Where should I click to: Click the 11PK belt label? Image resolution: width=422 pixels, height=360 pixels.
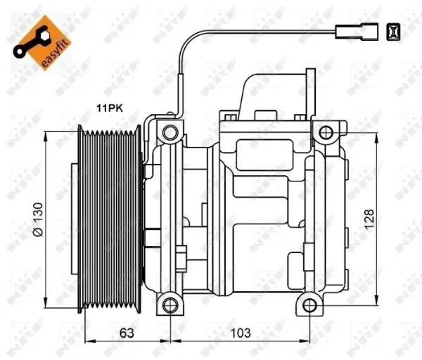(x=110, y=108)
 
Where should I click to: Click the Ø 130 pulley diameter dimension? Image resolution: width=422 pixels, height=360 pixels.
(x=38, y=219)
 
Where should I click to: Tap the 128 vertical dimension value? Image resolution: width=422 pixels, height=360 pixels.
(x=369, y=219)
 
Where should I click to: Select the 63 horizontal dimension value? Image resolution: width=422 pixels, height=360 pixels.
(x=127, y=333)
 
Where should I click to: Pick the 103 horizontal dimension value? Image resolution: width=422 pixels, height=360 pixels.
(x=241, y=333)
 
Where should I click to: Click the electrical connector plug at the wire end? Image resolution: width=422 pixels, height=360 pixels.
(x=357, y=32)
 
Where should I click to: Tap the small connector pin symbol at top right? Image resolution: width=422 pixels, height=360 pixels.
(x=393, y=32)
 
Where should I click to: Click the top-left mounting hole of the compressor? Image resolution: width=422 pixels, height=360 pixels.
(x=170, y=133)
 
